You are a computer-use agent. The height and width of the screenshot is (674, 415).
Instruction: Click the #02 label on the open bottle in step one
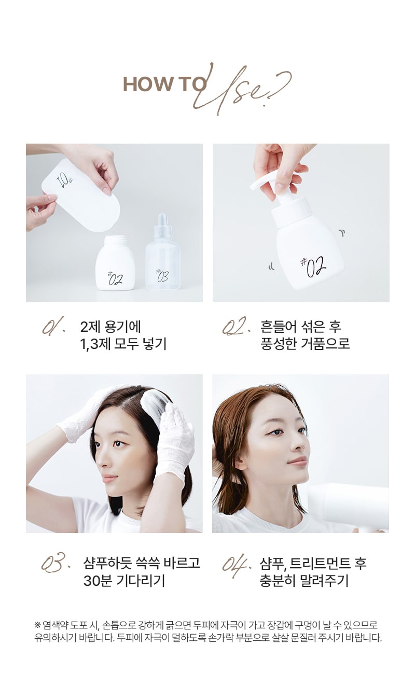(x=115, y=278)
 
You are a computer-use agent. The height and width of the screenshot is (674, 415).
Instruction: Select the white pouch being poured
(x=81, y=195)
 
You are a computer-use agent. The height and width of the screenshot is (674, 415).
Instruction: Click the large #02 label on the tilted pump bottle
(x=313, y=266)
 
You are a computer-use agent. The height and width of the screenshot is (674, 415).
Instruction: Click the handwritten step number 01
(x=53, y=327)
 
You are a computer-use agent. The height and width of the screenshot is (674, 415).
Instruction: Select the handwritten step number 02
(x=236, y=326)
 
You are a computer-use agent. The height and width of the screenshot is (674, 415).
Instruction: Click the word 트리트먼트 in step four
(x=320, y=563)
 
